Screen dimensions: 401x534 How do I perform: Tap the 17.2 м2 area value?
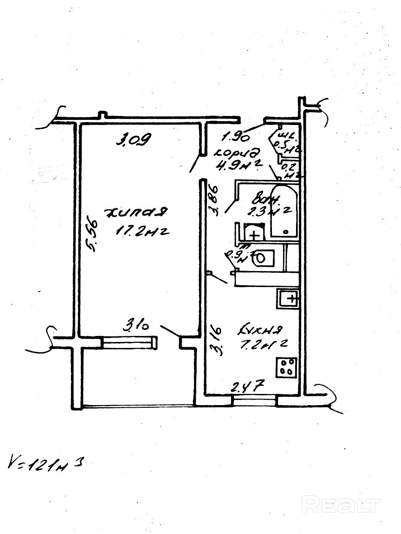(x=141, y=232)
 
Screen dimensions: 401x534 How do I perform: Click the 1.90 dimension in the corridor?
(x=236, y=137)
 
